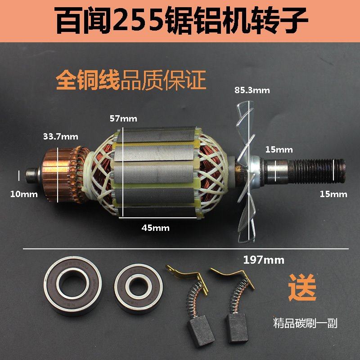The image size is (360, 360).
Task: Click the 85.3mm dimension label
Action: pyautogui.click(x=252, y=90)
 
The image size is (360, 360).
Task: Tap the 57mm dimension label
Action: pyautogui.click(x=123, y=119)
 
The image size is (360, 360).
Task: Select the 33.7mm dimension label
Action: pyautogui.click(x=60, y=136)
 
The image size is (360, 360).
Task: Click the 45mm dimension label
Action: pyautogui.click(x=155, y=228)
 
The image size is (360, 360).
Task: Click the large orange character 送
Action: pyautogui.click(x=302, y=288)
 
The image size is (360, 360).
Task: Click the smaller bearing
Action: pyautogui.click(x=135, y=287)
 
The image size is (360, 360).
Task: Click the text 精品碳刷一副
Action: pyautogui.click(x=306, y=323)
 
